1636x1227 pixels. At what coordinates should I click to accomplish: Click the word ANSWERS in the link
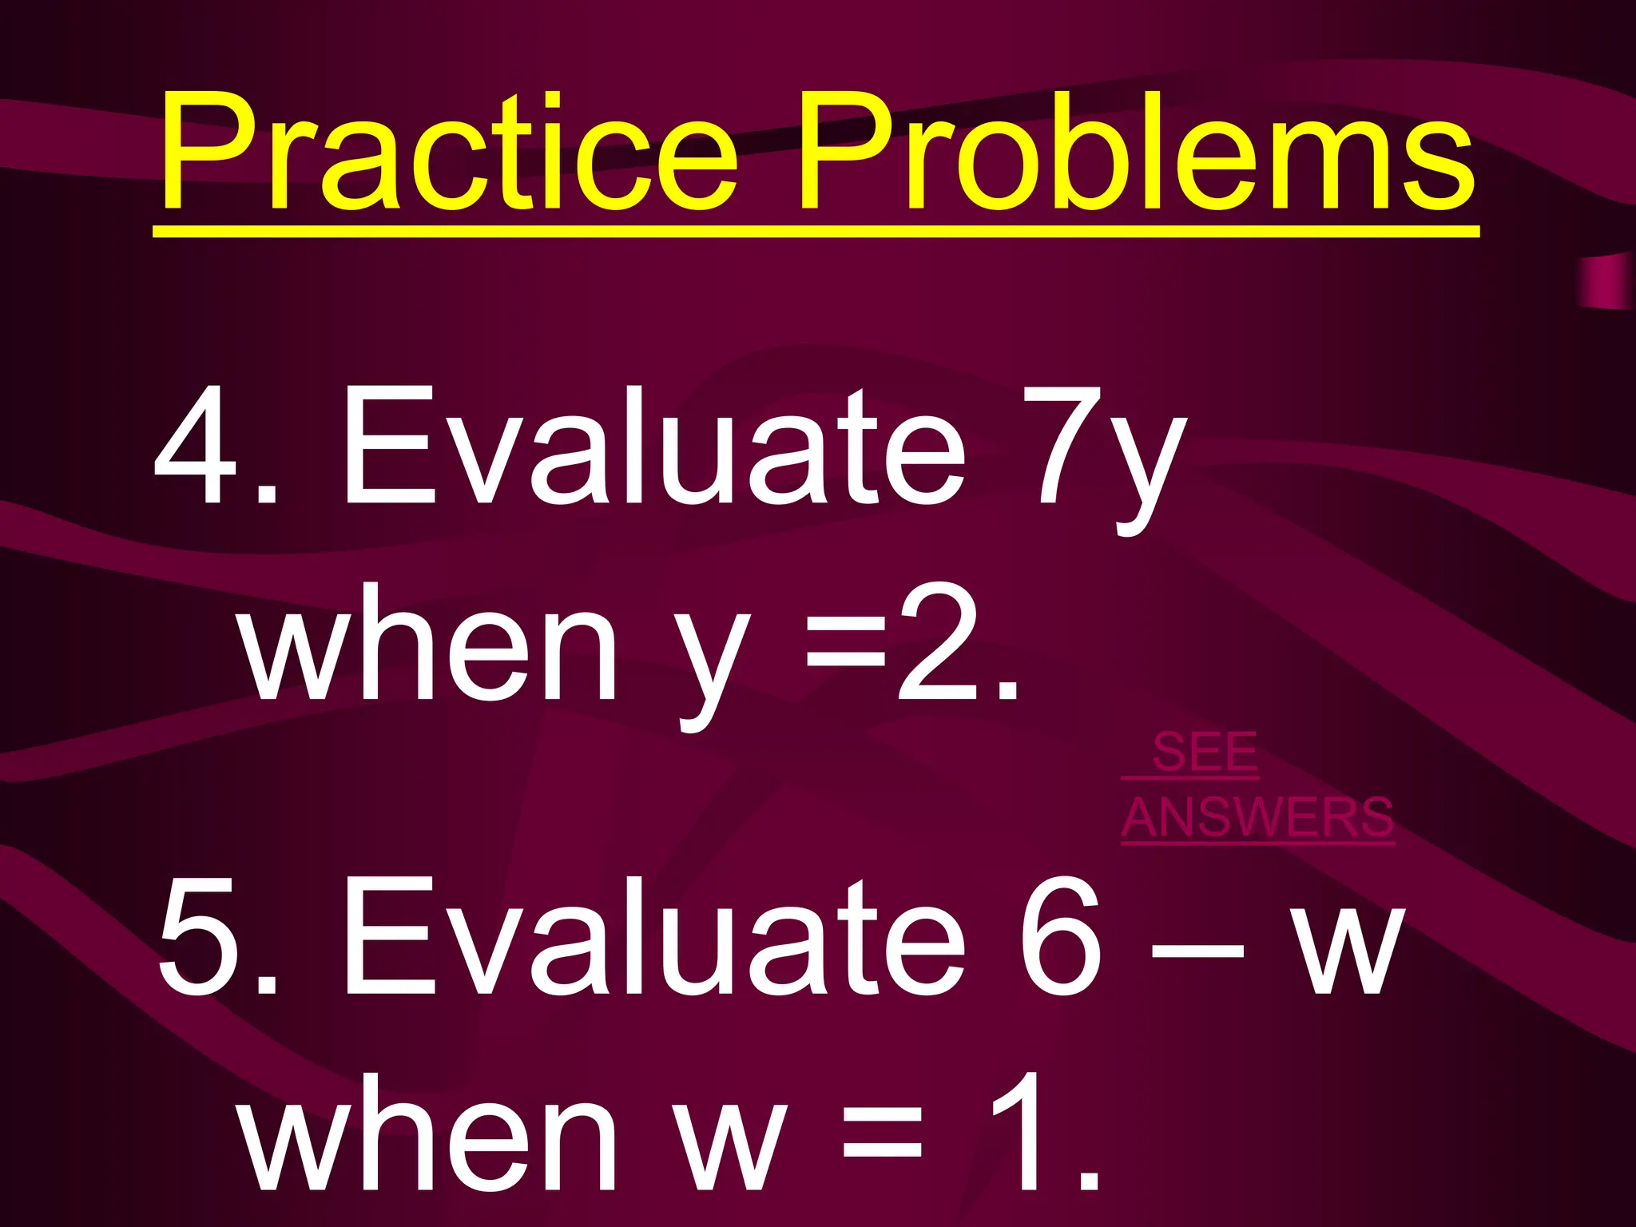tap(1258, 817)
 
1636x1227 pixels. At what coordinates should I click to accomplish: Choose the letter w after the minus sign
tap(1348, 951)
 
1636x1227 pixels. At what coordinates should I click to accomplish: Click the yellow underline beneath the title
tap(815, 232)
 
